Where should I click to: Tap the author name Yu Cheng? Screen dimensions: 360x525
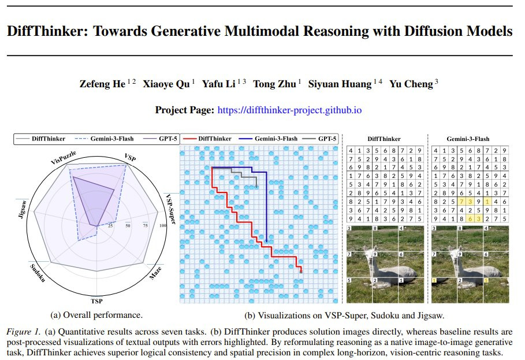[x=411, y=84]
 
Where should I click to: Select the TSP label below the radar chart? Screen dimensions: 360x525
[x=96, y=301]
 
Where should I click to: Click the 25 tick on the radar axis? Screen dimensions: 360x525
[x=110, y=226]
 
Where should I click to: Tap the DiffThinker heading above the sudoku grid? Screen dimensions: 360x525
[x=383, y=139]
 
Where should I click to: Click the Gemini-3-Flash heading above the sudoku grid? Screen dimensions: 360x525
[x=468, y=139]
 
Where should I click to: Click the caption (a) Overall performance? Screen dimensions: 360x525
[x=96, y=315]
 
